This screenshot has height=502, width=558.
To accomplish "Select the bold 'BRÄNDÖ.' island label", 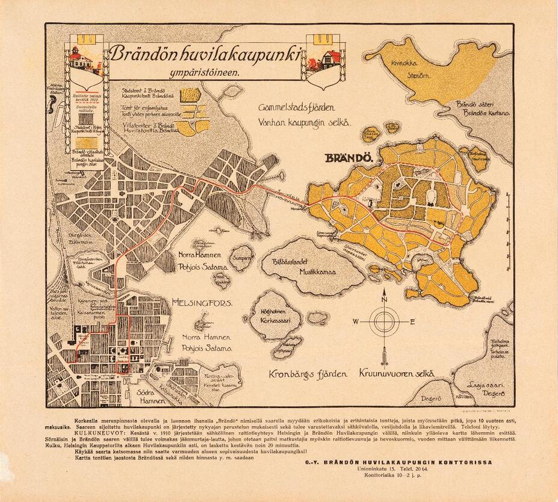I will (350, 159).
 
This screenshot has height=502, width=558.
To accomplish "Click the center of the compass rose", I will (384, 322).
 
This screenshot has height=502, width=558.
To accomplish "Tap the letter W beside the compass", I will (356, 322).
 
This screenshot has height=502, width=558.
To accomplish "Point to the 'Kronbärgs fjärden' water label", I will (309, 374).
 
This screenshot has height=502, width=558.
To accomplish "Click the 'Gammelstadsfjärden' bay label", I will (297, 109).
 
